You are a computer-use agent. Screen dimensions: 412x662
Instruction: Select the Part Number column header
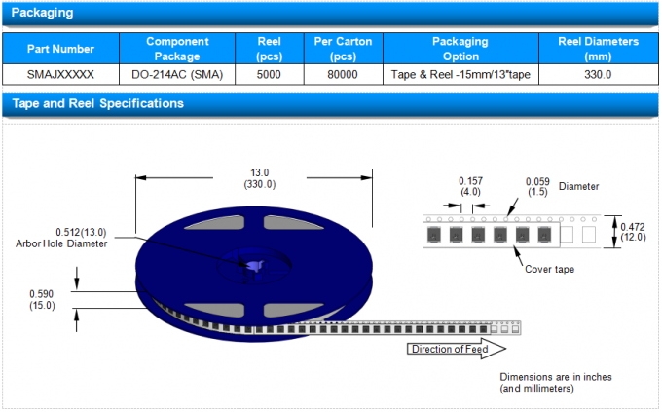click(x=60, y=49)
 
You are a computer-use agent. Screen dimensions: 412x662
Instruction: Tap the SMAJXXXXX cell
click(x=60, y=74)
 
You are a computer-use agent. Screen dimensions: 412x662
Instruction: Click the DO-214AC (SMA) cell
click(x=177, y=74)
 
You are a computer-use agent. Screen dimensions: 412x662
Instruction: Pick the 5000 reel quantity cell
click(x=269, y=74)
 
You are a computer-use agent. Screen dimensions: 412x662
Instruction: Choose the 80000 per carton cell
click(x=343, y=74)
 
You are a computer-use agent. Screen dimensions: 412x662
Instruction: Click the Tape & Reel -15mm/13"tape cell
click(x=460, y=74)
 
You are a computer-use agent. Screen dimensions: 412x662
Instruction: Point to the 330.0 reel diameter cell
click(x=598, y=74)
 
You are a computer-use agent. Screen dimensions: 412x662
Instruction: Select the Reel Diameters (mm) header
click(x=598, y=49)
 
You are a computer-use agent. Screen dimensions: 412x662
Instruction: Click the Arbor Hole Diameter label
click(x=61, y=243)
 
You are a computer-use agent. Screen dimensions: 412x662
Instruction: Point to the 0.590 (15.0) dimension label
click(x=42, y=299)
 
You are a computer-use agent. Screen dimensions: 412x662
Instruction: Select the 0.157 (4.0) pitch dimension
click(x=471, y=186)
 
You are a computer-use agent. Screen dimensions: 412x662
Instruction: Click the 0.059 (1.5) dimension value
click(x=537, y=186)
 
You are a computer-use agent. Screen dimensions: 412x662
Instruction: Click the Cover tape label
click(x=551, y=268)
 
